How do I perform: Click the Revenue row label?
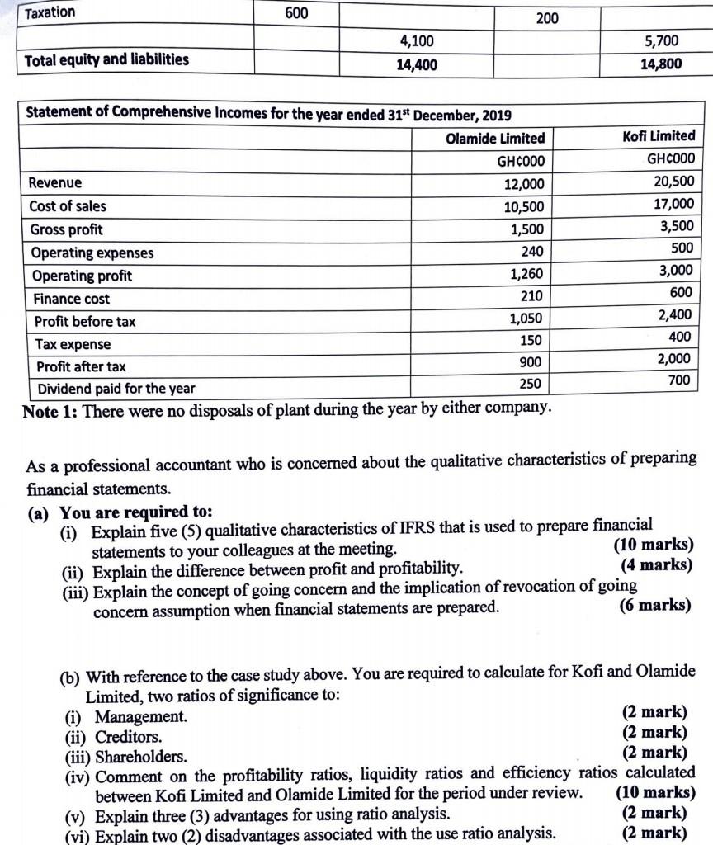[55, 182]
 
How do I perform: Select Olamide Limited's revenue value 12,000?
[524, 185]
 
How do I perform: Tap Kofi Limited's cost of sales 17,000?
[673, 203]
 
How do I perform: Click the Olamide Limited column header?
[495, 138]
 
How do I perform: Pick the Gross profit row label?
[66, 229]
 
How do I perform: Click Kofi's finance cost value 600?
[682, 292]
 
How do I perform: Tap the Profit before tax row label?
[85, 322]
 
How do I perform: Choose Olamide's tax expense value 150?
[531, 340]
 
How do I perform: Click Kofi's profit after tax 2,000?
[674, 359]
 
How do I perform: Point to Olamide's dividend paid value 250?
[531, 383]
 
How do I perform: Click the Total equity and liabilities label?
[106, 59]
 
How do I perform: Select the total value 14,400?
[417, 64]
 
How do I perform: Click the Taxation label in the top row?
[50, 12]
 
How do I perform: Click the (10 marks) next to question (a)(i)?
[654, 545]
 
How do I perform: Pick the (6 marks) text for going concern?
[654, 605]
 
